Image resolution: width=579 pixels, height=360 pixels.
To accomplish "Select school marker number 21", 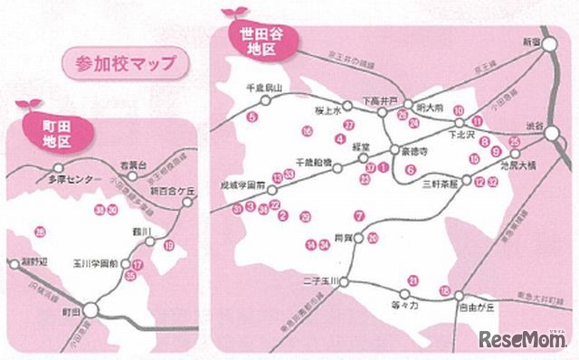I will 413,280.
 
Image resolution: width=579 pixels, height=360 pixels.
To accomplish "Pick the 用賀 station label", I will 341,237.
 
